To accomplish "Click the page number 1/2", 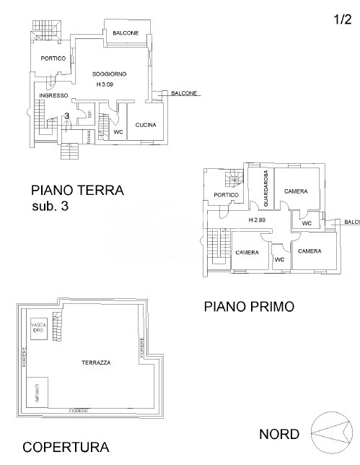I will tap(341, 20).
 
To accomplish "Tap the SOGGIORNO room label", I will tap(110, 74).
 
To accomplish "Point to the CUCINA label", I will tap(145, 125).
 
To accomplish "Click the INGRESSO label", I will tap(53, 95).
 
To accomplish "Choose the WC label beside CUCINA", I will tap(118, 132).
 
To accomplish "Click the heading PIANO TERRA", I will tap(77, 191).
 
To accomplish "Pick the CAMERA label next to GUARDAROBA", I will tap(296, 191).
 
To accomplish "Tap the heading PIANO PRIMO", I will tap(248, 306).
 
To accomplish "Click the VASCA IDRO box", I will tap(38, 327).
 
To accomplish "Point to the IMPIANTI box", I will tap(37, 394).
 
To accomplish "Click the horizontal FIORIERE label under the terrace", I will tap(79, 410).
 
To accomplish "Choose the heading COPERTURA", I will tap(66, 447).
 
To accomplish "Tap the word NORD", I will tap(279, 434).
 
